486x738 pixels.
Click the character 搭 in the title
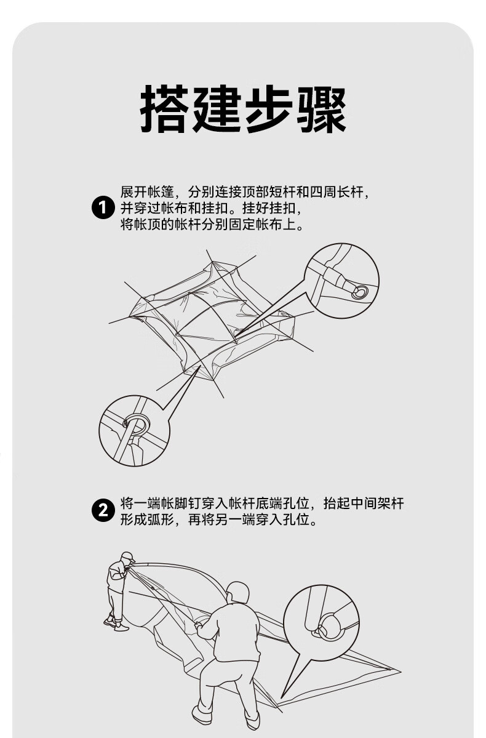[164, 111]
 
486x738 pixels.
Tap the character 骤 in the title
[322, 111]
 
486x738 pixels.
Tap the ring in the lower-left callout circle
[137, 423]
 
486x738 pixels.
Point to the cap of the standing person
[127, 556]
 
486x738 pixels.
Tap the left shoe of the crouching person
[201, 715]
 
